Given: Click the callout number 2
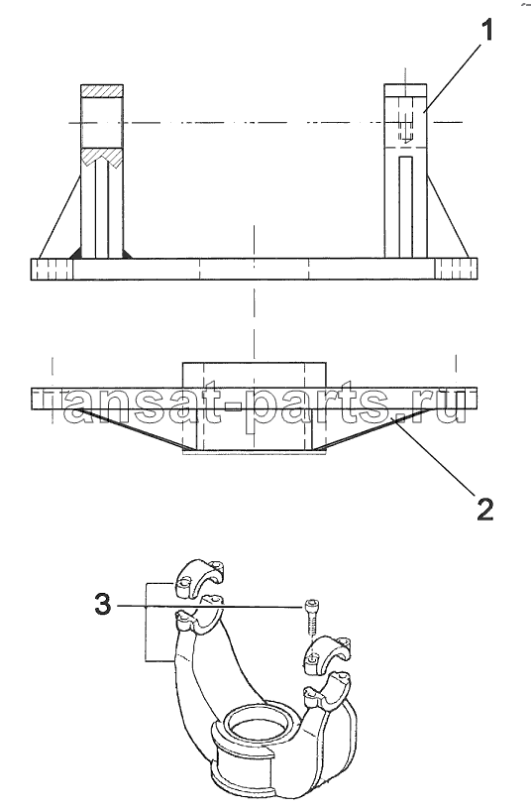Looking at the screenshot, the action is click(484, 509).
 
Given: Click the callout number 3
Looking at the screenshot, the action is click(103, 604).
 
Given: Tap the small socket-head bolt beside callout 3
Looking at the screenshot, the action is click(310, 617).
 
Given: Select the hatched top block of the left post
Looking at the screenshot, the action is click(102, 91).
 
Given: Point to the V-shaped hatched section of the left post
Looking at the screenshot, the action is click(102, 158).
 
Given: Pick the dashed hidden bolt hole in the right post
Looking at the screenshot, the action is click(406, 126).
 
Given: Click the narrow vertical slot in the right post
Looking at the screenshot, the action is click(406, 206).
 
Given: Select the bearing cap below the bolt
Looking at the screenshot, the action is click(326, 654).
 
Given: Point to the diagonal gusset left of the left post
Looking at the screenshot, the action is click(59, 217).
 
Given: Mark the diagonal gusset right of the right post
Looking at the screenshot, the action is click(448, 217).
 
